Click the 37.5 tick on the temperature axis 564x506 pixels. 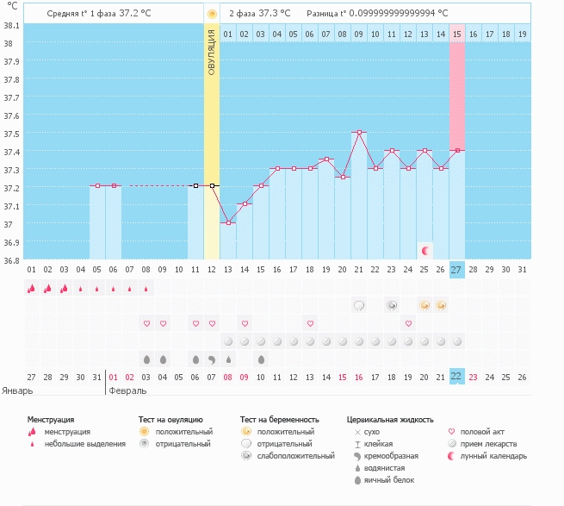[x=11, y=134]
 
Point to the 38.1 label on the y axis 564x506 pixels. [x=11, y=26]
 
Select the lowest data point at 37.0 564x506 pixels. [x=228, y=222]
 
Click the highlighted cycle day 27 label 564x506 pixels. [x=457, y=270]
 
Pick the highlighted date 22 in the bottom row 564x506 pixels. [x=457, y=377]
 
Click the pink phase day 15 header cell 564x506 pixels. [x=457, y=34]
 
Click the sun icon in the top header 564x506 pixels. [x=212, y=14]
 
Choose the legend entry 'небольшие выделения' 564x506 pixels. [x=84, y=444]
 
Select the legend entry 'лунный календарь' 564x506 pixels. [x=493, y=456]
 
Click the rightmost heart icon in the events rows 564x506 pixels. [x=408, y=323]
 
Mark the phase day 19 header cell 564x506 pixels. [x=523, y=34]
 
